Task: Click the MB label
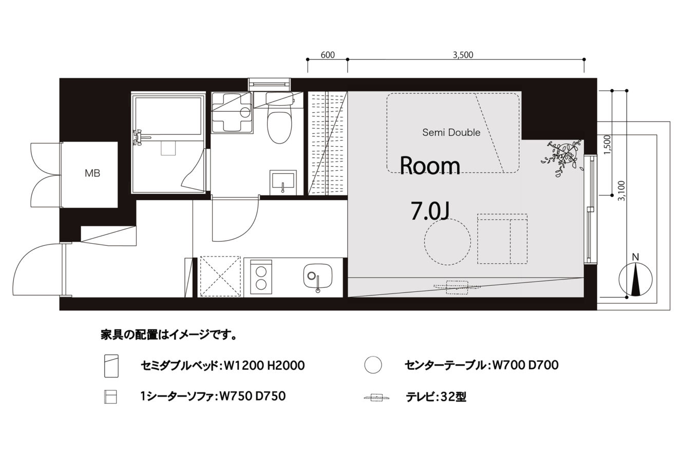[x=92, y=173]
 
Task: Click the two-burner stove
[x=261, y=277]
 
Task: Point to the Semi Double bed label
[x=451, y=132]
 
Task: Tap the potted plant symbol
[x=562, y=157]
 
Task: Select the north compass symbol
[x=635, y=279]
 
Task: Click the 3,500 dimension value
[x=463, y=55]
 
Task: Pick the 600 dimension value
[x=328, y=55]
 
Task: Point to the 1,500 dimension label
[x=608, y=145]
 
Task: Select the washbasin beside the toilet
[x=283, y=183]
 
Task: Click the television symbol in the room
[x=457, y=287]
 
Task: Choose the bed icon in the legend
[x=111, y=366]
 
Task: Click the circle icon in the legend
[x=373, y=364]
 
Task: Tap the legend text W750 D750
[x=253, y=396]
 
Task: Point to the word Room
[x=430, y=166]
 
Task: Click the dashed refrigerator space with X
[x=220, y=276]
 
